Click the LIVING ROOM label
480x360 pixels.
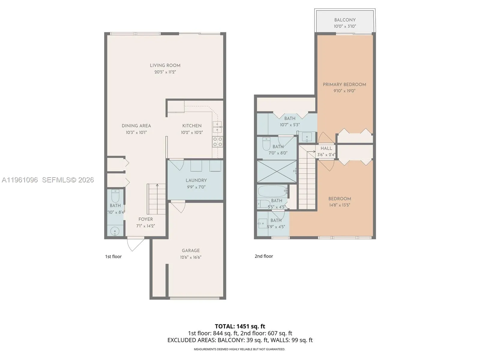tap(165, 65)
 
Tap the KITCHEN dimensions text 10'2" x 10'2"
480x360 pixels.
tap(192, 132)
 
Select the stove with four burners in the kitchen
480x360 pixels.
tap(218, 142)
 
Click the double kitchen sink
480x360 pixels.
tap(217, 127)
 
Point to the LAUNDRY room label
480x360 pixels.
tap(196, 180)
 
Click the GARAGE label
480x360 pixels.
tap(190, 250)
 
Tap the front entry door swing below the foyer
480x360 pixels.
tap(135, 244)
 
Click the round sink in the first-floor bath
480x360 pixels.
tap(115, 231)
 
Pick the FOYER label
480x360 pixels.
tap(145, 219)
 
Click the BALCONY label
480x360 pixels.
tap(345, 20)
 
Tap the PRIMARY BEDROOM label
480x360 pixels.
tap(344, 85)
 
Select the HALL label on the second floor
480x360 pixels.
tap(326, 148)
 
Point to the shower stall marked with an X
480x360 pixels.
tap(277, 172)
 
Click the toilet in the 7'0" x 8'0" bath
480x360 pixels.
tap(266, 144)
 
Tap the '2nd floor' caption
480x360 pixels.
tap(264, 256)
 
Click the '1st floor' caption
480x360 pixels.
tap(113, 256)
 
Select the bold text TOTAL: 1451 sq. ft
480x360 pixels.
tap(240, 326)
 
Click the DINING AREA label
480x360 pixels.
tap(136, 126)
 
